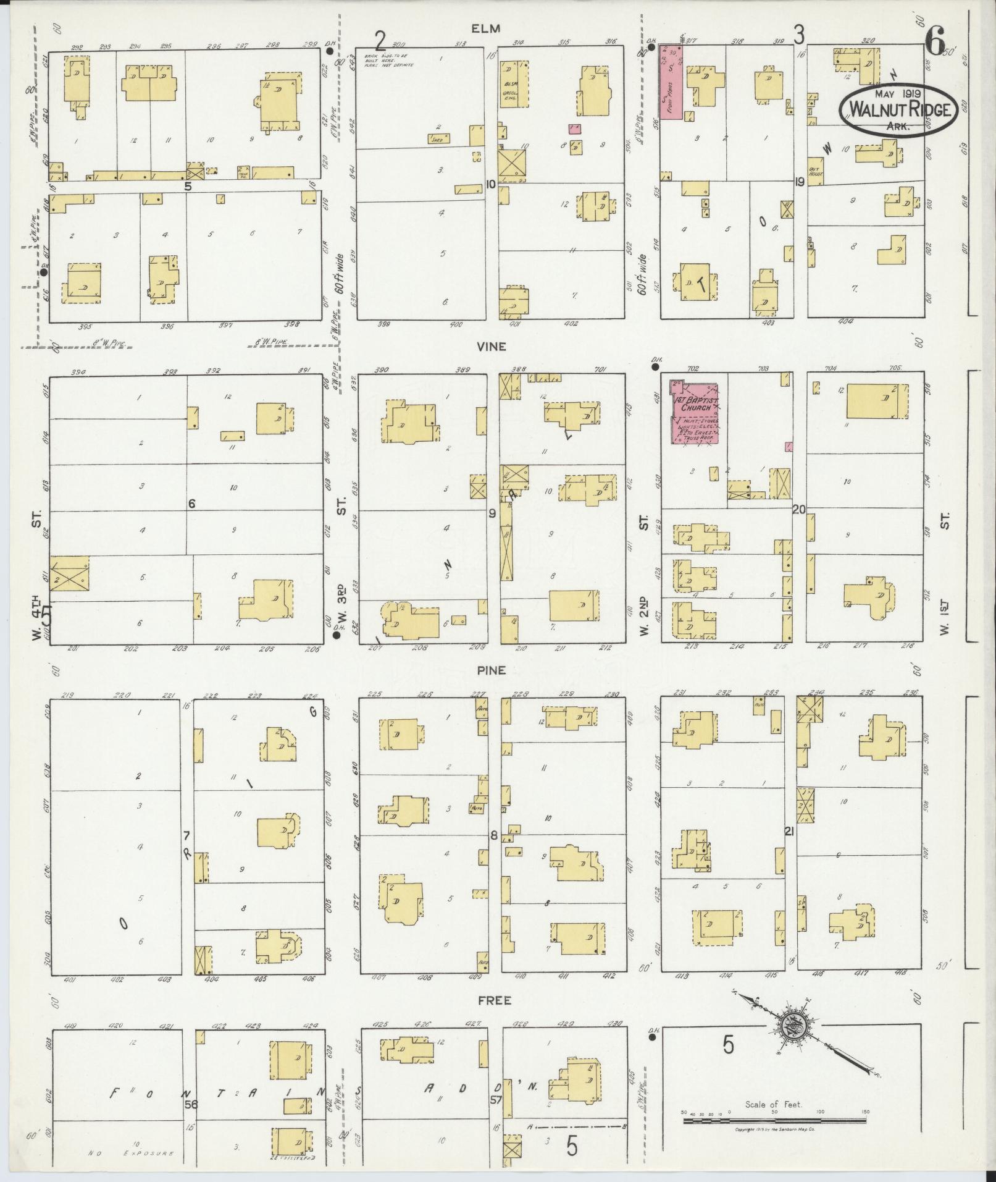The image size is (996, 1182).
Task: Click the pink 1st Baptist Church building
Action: click(x=695, y=412)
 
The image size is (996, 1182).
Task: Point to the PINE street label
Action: click(x=492, y=670)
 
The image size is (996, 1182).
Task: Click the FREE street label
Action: click(x=494, y=1000)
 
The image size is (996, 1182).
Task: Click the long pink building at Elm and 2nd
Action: click(x=671, y=82)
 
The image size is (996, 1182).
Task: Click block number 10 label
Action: click(x=491, y=184)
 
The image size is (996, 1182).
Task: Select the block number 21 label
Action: click(x=789, y=832)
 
